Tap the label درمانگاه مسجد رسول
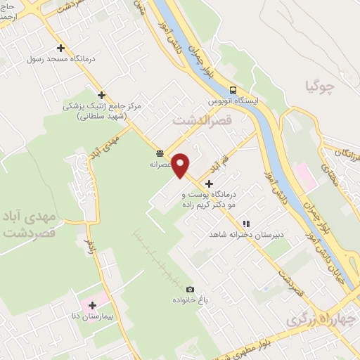point(60,60)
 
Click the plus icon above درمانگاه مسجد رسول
point(60,49)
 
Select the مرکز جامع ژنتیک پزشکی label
point(103,106)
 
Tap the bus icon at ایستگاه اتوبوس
point(232,89)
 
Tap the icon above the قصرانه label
point(160,153)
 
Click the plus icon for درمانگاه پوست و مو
point(209,184)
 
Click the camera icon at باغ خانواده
point(189,290)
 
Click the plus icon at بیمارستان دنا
point(92,305)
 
